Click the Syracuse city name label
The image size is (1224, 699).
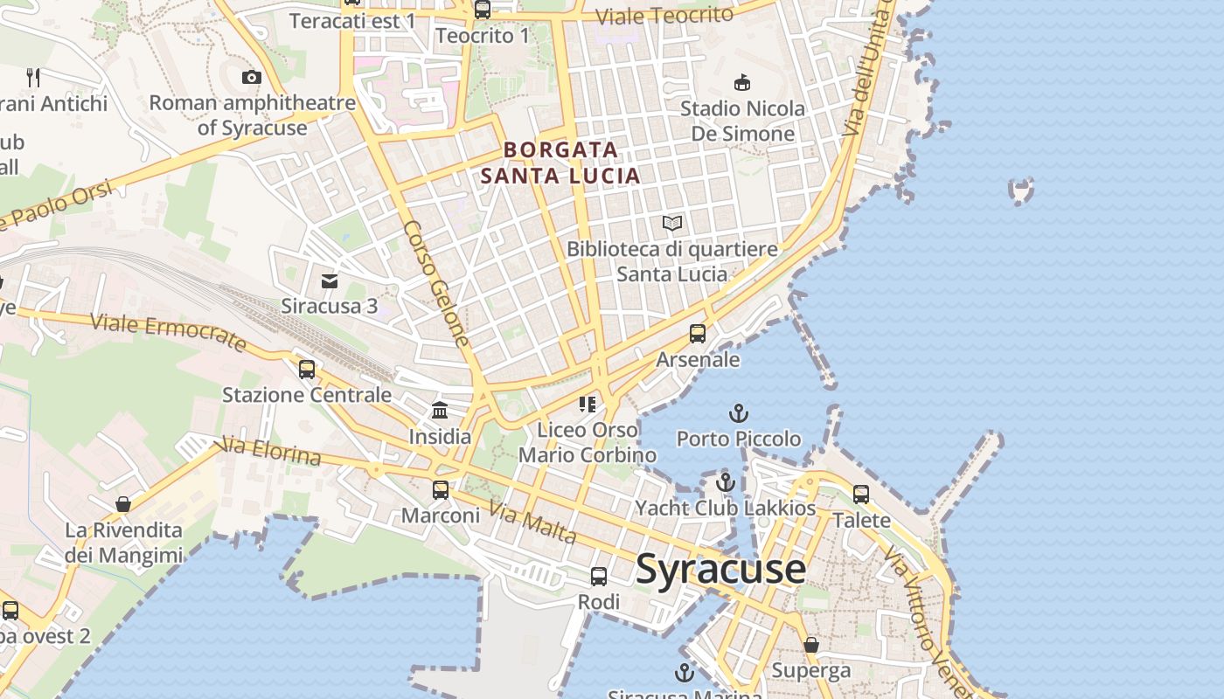point(720,570)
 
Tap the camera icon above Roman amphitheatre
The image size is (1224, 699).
point(252,78)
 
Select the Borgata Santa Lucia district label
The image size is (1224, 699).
point(560,163)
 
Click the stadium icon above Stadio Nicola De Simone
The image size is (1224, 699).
point(742,83)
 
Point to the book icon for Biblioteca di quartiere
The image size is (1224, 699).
point(671,224)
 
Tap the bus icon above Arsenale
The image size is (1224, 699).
point(698,334)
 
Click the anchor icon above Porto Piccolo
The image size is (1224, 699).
point(740,412)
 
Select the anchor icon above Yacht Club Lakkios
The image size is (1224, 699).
point(725,482)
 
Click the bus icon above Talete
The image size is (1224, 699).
point(861,495)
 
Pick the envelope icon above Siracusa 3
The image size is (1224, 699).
point(330,280)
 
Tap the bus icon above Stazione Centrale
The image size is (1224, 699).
point(307,370)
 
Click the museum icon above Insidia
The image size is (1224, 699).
point(440,411)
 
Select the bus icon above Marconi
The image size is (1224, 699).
point(441,490)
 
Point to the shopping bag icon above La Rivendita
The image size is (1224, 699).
point(123,504)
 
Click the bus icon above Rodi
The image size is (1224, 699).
point(599,577)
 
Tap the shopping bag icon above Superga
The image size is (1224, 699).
point(811,645)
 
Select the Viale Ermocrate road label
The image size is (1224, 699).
point(168,333)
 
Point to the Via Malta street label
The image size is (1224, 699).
point(532,523)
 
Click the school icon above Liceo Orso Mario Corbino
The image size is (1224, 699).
point(588,404)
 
